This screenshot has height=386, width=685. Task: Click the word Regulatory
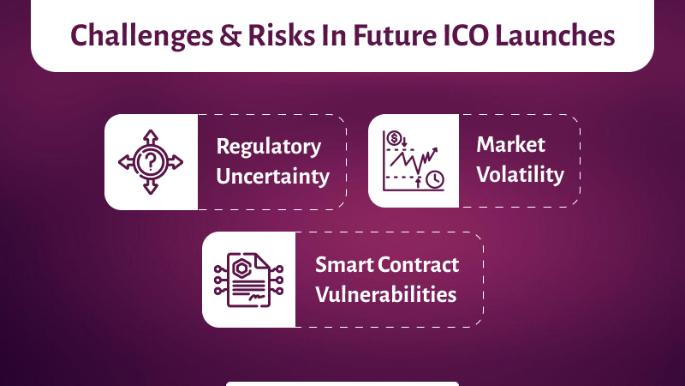tap(269, 147)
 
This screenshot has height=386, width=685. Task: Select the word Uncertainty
tap(272, 177)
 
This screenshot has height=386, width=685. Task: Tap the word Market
tap(511, 144)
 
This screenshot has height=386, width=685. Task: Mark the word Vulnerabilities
tap(385, 293)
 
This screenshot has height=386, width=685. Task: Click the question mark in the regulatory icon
tap(151, 162)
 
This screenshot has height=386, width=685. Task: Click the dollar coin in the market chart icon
tap(395, 139)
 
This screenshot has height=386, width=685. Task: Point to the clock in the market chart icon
tap(435, 179)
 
